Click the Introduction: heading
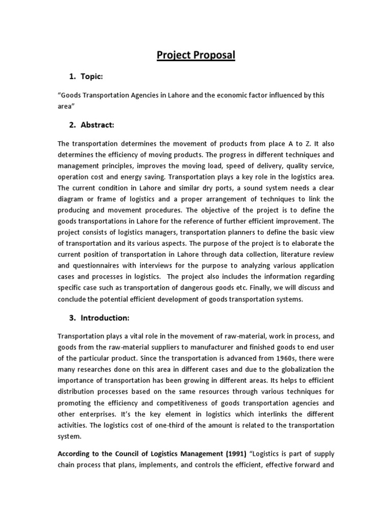point(105,318)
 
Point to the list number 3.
point(71,318)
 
